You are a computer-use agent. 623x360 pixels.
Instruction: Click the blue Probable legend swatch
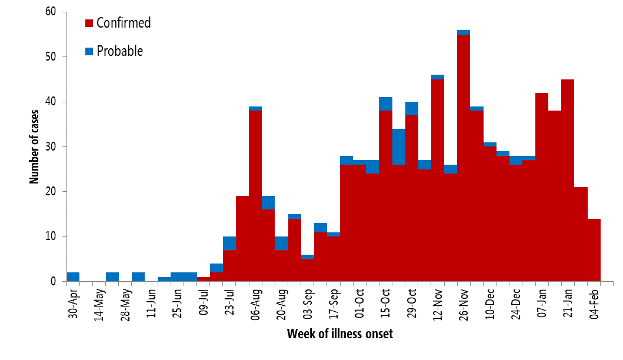89,51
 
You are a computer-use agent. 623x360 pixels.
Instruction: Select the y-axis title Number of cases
35,145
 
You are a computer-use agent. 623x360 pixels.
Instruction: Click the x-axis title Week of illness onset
339,334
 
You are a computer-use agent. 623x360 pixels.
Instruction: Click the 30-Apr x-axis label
73,304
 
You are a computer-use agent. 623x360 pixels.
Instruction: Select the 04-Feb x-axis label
595,304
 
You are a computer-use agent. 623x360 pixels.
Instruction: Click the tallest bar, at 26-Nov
463,159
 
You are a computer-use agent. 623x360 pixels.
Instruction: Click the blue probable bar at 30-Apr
73,277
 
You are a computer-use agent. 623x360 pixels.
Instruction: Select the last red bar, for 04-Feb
594,250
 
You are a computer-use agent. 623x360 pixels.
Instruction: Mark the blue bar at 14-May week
112,277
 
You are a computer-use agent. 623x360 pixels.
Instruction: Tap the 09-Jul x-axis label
204,304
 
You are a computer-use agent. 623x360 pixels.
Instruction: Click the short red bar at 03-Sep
308,271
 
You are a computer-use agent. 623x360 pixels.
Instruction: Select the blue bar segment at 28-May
138,277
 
